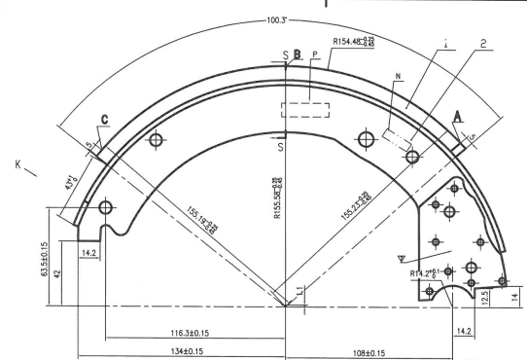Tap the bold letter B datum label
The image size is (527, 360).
299,55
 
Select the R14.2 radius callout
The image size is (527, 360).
425,274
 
